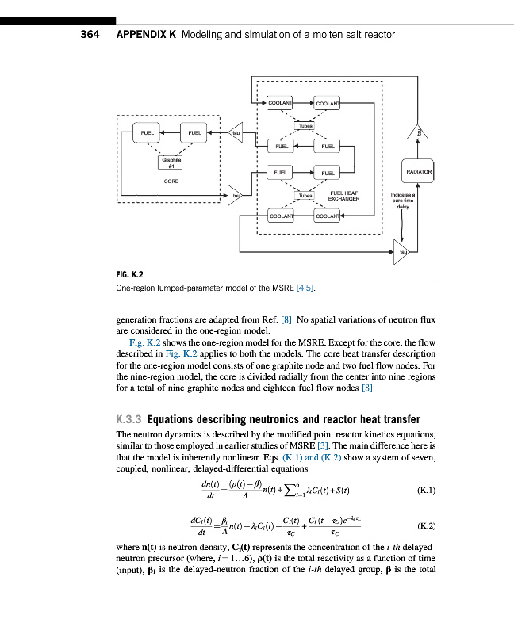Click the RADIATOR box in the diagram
coord(419,171)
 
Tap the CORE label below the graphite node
coord(171,181)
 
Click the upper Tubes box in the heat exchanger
coord(305,126)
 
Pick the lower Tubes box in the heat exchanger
coord(305,194)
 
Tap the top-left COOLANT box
coord(280,104)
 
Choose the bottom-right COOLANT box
coord(328,216)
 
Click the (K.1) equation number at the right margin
coord(425,490)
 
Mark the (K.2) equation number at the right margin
coord(425,525)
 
